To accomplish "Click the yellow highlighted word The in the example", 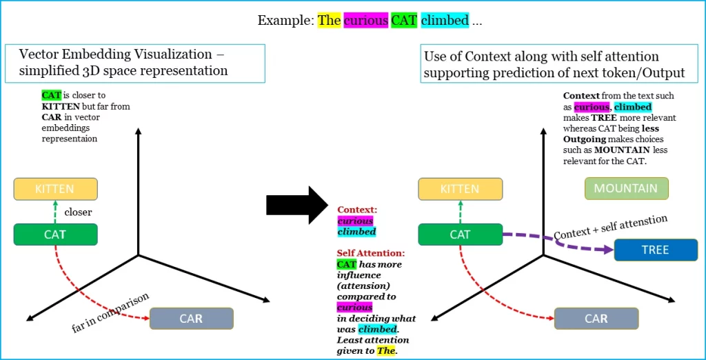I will click(329, 20).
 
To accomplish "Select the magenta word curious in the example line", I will click(365, 20).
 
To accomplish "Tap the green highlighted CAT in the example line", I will click(404, 20).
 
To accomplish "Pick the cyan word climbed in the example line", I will click(445, 20).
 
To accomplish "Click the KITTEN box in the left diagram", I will click(55, 189).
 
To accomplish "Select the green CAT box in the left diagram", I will click(55, 234).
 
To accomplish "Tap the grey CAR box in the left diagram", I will click(191, 319).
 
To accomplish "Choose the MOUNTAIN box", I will click(626, 188).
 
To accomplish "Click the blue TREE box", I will click(655, 250).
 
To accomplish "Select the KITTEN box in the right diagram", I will click(460, 189).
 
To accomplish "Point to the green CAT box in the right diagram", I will click(460, 234).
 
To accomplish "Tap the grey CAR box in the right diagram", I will click(596, 319).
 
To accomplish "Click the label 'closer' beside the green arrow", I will click(78, 212).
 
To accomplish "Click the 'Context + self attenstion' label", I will click(610, 227).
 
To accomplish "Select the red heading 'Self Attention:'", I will click(371, 253).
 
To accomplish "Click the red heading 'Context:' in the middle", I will click(357, 209).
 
